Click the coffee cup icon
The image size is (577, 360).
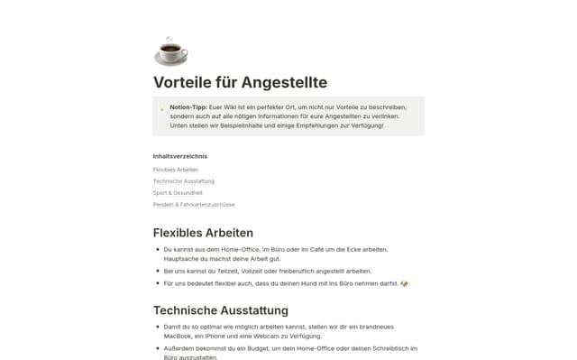click(170, 51)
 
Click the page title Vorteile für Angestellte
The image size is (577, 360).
click(240, 82)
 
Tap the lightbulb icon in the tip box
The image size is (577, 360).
click(162, 107)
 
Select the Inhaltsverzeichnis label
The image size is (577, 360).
click(180, 156)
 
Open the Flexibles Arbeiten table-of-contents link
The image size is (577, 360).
click(176, 170)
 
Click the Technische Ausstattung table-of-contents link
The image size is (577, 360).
click(184, 181)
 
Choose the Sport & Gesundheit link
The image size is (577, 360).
click(178, 193)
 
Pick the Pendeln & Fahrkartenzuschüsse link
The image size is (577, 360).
click(194, 205)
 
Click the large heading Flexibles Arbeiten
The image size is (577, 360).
click(203, 233)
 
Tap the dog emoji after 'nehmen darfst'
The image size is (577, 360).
click(405, 284)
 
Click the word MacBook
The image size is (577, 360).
click(179, 336)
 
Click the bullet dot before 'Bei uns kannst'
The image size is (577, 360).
click(158, 271)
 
